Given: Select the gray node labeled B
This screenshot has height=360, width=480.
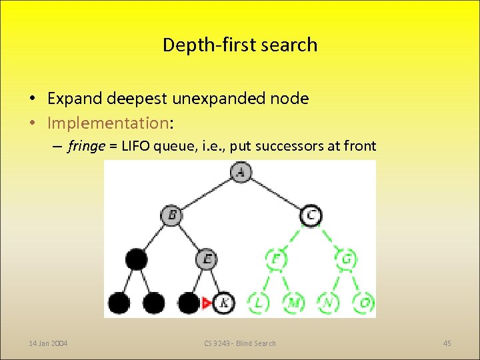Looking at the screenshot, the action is pyautogui.click(x=171, y=215).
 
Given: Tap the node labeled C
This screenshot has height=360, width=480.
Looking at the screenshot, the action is pyautogui.click(x=311, y=215).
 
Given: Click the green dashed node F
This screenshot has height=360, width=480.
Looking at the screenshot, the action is pyautogui.click(x=275, y=259).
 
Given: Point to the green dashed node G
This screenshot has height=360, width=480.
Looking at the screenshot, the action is pyautogui.click(x=346, y=259).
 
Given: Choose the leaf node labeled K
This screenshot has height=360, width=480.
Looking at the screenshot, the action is pyautogui.click(x=224, y=303).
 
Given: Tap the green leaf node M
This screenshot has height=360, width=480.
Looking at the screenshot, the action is pyautogui.click(x=293, y=303).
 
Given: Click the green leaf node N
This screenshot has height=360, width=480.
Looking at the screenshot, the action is pyautogui.click(x=328, y=303).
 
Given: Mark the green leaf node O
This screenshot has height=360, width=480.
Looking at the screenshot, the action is pyautogui.click(x=363, y=303).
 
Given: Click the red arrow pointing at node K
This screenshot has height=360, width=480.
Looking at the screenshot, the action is pyautogui.click(x=207, y=303).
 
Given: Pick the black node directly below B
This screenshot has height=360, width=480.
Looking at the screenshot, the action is pyautogui.click(x=137, y=259).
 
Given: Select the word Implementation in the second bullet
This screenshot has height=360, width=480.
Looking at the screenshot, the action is pyautogui.click(x=109, y=123).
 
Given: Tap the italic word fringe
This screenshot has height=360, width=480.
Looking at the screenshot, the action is pyautogui.click(x=85, y=146).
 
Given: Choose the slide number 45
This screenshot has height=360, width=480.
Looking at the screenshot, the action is pyautogui.click(x=447, y=343).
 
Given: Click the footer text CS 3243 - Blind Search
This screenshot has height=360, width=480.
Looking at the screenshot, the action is pyautogui.click(x=240, y=343).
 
